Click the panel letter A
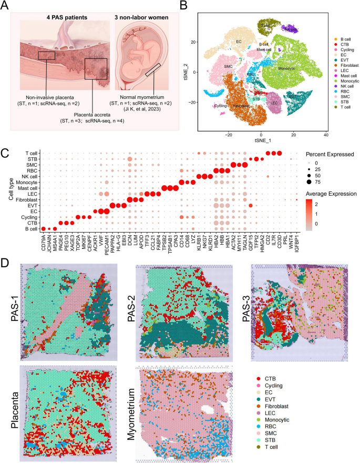[x=6, y=7]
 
